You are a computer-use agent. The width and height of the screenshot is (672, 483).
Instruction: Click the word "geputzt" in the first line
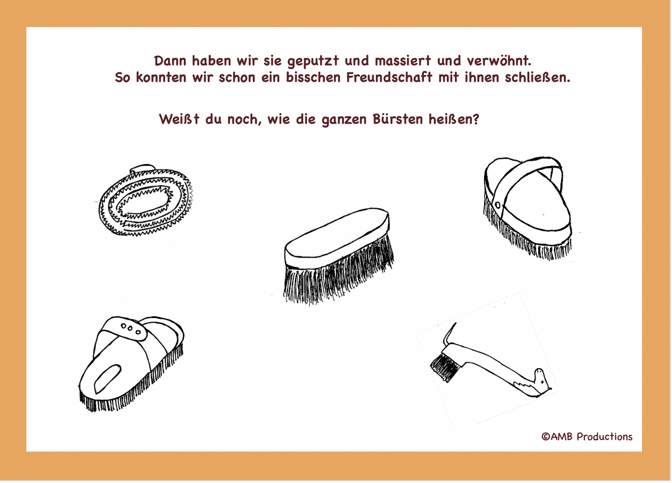(x=313, y=61)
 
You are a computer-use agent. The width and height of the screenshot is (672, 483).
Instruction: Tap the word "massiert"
(x=403, y=60)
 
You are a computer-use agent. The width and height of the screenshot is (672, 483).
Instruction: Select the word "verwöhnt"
(x=499, y=60)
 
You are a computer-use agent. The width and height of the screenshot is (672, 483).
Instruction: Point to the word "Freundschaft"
(x=389, y=77)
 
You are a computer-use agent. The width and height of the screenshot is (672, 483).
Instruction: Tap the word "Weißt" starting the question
(x=179, y=119)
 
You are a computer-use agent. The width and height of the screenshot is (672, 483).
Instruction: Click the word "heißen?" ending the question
(x=453, y=119)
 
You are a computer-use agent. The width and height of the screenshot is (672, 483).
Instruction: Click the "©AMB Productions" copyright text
(x=587, y=437)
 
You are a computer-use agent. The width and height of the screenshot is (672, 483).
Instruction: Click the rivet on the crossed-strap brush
(x=498, y=205)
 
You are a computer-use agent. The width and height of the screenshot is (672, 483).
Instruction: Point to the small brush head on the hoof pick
(x=445, y=367)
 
